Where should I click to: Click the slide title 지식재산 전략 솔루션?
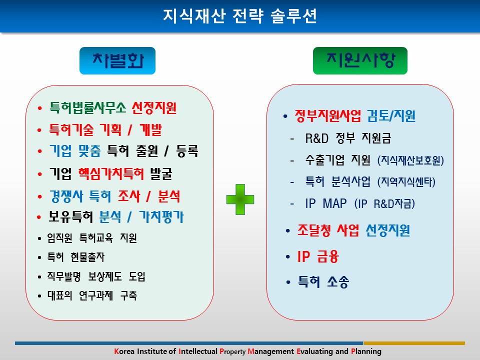239,16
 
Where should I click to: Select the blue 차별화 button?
117,60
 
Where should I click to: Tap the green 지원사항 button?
360,60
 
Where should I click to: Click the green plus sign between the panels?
240,199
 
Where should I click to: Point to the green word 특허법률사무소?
88,108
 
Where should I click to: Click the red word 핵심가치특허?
111,174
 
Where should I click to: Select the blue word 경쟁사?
66,196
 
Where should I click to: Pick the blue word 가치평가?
161,217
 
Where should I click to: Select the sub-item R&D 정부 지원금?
348,138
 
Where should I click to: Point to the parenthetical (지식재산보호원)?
410,160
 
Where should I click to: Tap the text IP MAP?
326,203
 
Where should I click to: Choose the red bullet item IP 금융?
318,256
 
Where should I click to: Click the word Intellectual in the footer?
198,351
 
